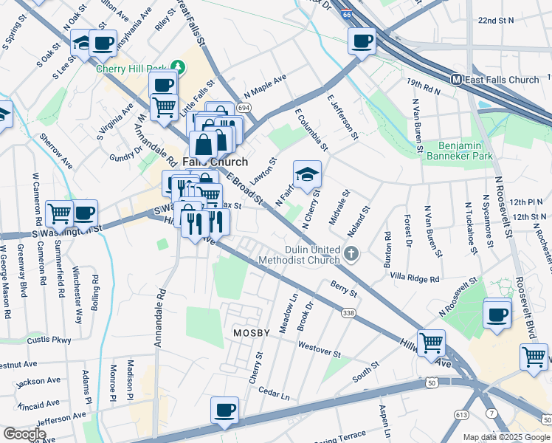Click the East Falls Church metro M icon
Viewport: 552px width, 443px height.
coord(457,80)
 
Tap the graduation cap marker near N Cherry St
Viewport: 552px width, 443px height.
coord(308,175)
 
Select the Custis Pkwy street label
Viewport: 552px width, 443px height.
coord(49,340)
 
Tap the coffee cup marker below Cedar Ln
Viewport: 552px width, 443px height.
coord(224,410)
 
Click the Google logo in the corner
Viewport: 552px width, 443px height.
coord(24,434)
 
